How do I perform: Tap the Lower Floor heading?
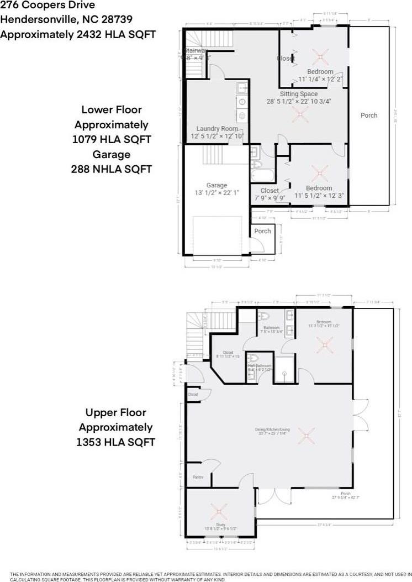[x=111, y=110]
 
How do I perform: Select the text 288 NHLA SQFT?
[x=111, y=169]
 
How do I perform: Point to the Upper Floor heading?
[x=115, y=412]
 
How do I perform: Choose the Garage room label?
[x=216, y=186]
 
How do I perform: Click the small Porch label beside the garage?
[x=263, y=231]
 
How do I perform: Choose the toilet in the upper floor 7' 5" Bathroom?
[x=263, y=317]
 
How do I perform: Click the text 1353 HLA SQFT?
[x=115, y=442]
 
